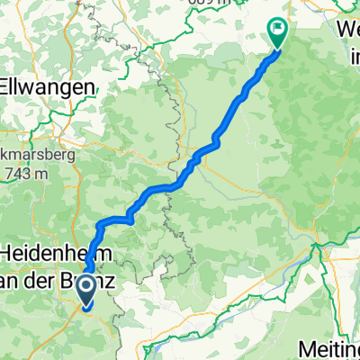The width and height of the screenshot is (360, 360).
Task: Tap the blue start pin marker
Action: click(88, 290)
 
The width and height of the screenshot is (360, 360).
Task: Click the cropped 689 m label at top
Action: click(215, 3)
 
